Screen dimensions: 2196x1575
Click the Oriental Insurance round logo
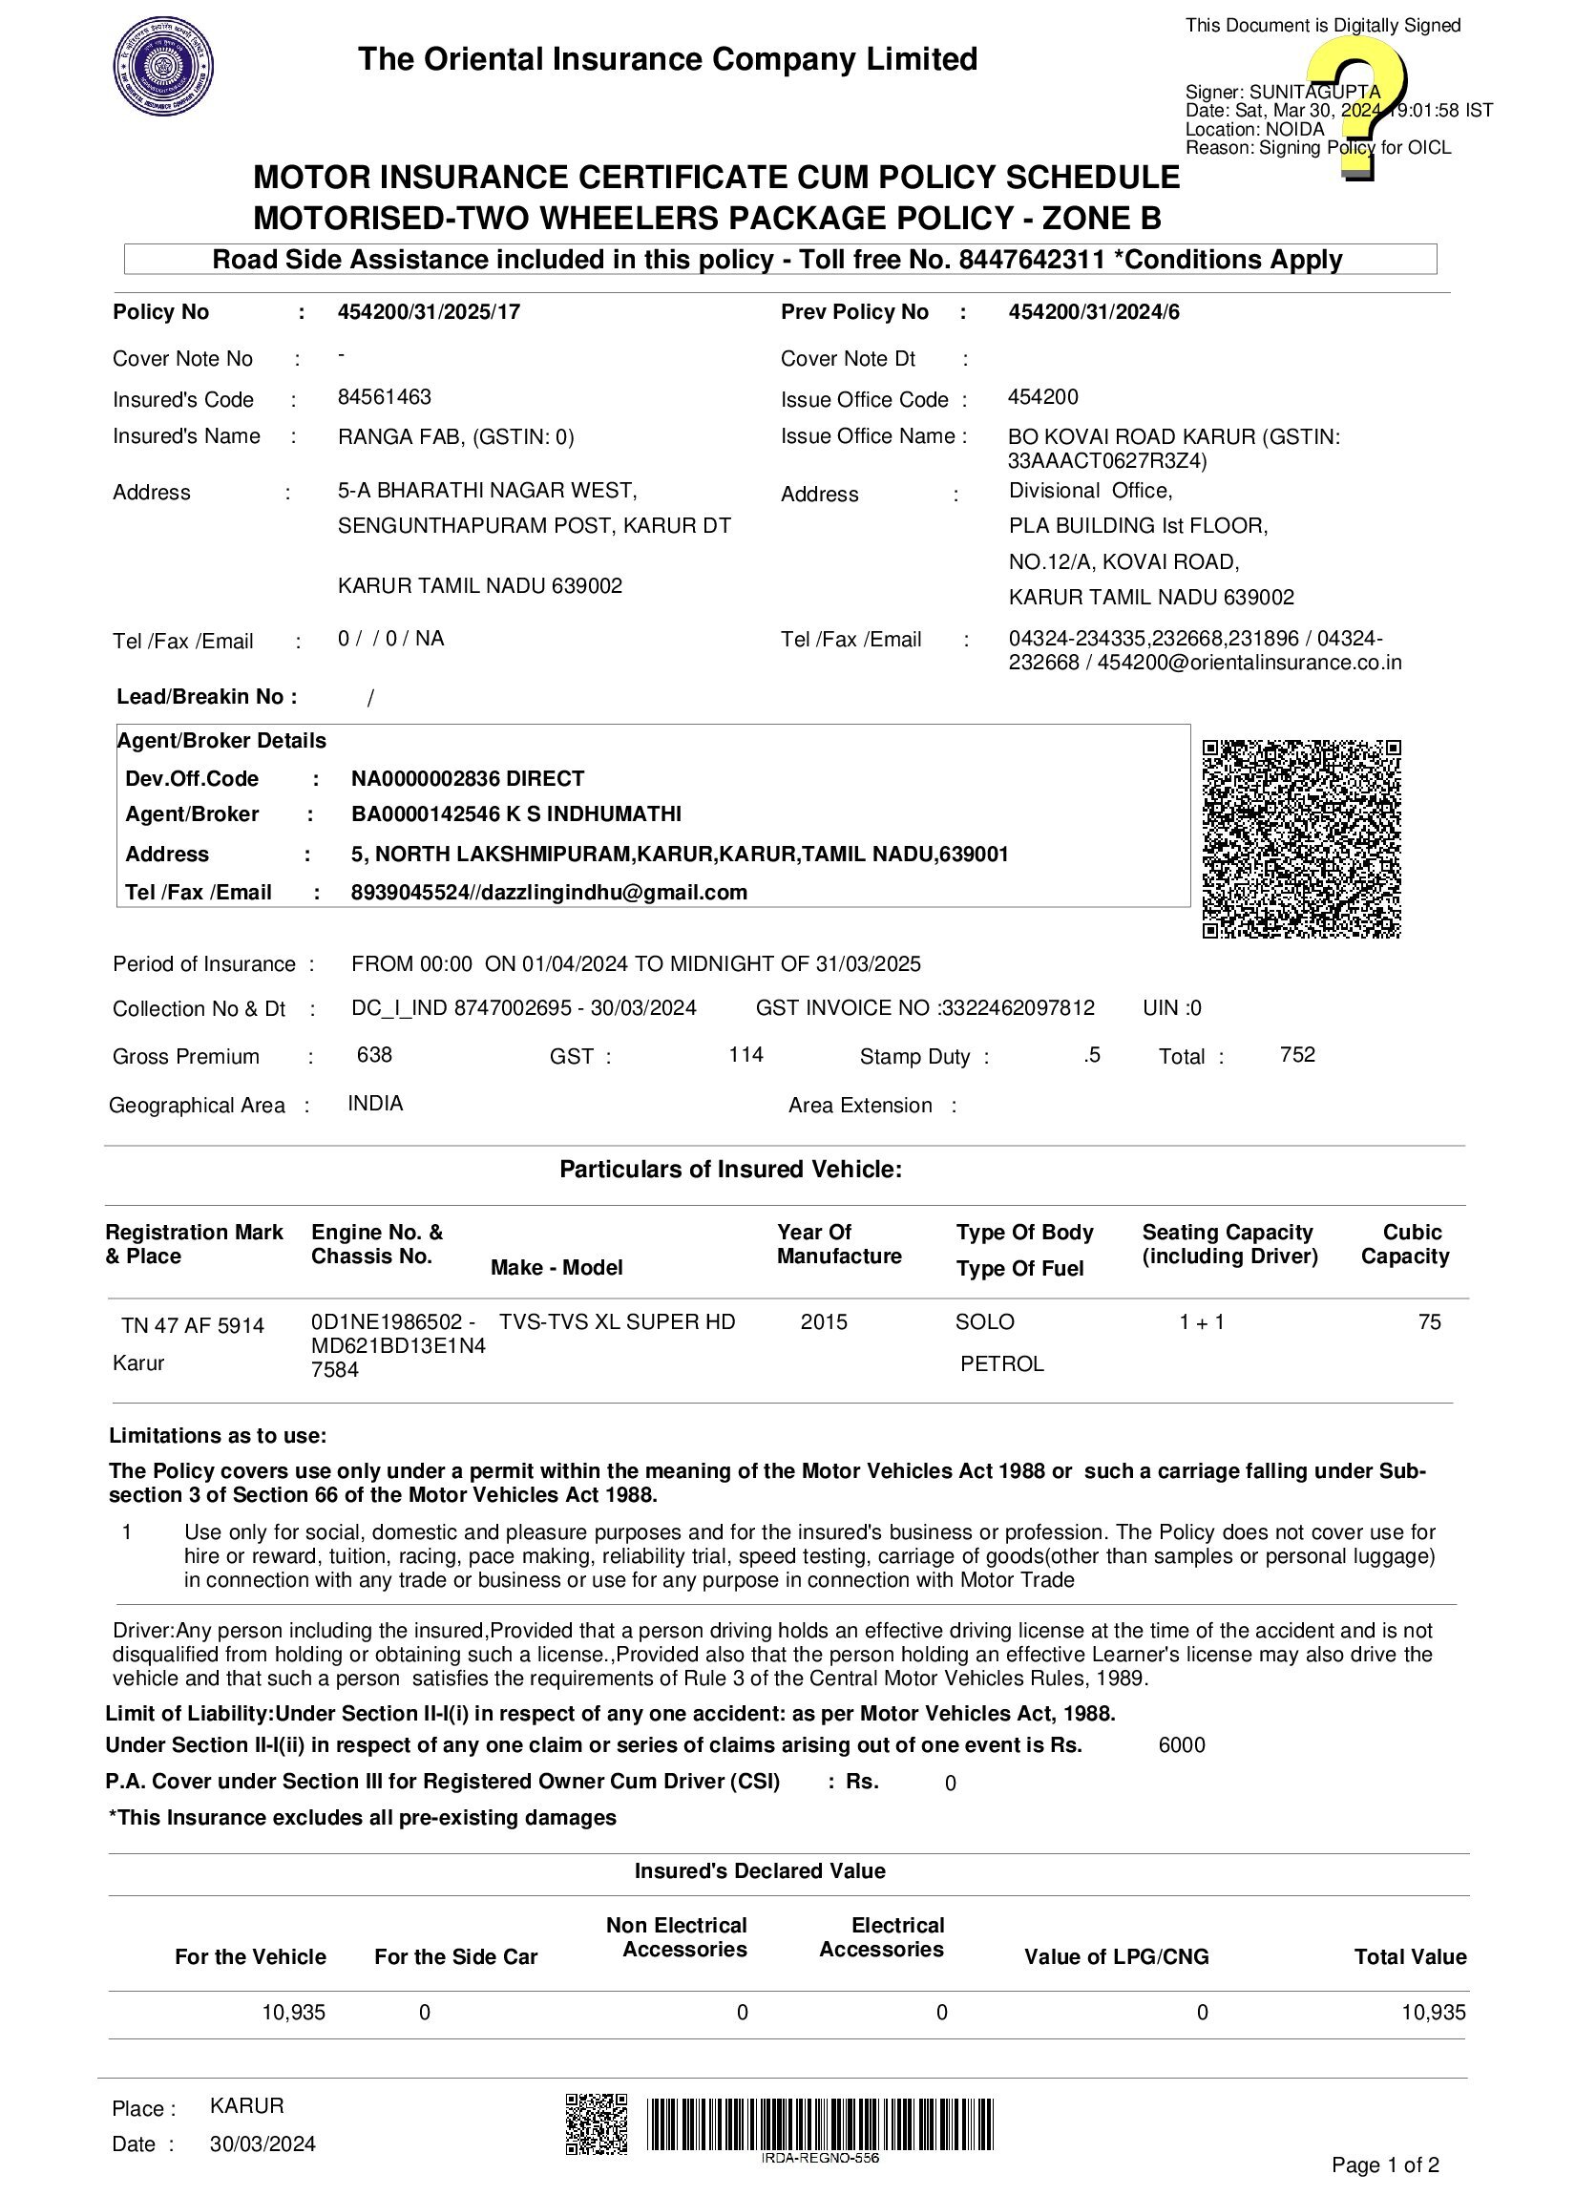point(163,68)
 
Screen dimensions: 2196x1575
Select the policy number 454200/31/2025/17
point(429,312)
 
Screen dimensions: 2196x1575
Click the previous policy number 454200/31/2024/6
point(1093,312)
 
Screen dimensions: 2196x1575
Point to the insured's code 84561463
point(385,397)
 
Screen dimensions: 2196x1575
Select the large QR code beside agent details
point(1301,838)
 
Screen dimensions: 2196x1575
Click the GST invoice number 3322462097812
point(1018,1008)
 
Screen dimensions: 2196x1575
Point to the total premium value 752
point(1297,1054)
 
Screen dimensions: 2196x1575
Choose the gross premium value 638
point(374,1054)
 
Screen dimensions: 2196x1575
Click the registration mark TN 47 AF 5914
point(193,1325)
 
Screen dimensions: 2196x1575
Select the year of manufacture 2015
point(824,1321)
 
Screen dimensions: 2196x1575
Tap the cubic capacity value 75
point(1429,1321)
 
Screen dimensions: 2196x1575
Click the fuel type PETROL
point(1002,1363)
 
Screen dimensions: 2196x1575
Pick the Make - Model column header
point(556,1267)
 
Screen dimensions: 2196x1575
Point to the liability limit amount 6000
point(1181,1744)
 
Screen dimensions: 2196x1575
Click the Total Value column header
point(1410,1957)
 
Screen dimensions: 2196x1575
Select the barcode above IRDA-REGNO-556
point(820,2123)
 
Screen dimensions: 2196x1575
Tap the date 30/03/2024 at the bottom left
point(262,2143)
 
